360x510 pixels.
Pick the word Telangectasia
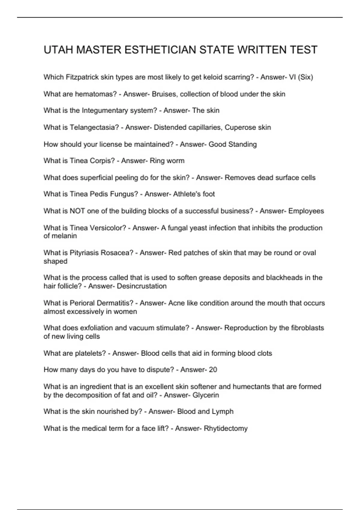tap(94, 127)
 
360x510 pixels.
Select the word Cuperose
tap(239, 127)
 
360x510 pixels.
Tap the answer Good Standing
tap(232, 144)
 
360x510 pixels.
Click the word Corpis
tap(102, 161)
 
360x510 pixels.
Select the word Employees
tap(306, 211)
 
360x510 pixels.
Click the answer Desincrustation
tap(142, 286)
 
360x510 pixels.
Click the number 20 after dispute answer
tap(213, 370)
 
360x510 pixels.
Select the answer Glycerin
tap(205, 395)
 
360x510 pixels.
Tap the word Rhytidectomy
tap(226, 428)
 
